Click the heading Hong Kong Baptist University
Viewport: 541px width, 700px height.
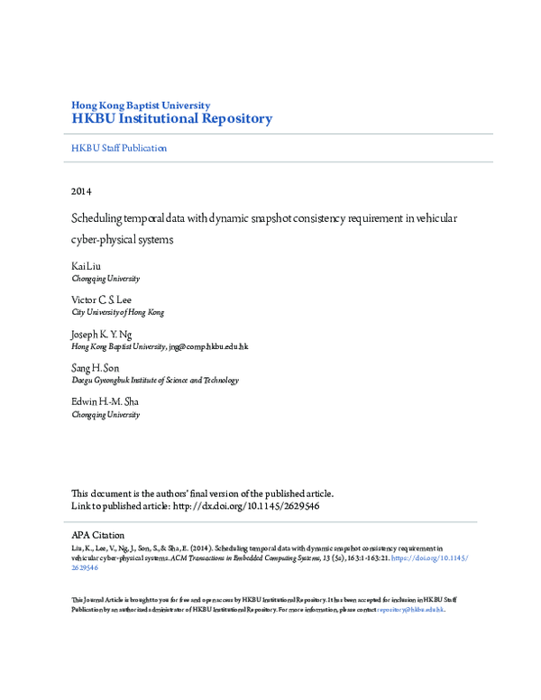click(141, 105)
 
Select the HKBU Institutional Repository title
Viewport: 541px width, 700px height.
click(171, 118)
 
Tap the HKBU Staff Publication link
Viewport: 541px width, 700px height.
click(119, 148)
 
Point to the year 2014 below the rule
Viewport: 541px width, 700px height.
click(81, 191)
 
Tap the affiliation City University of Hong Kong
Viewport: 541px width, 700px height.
click(118, 312)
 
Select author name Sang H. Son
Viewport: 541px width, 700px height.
click(95, 368)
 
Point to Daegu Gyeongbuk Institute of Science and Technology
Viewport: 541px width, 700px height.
click(155, 381)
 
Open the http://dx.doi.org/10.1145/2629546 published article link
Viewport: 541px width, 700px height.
click(244, 506)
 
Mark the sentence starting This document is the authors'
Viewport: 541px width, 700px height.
click(203, 493)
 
